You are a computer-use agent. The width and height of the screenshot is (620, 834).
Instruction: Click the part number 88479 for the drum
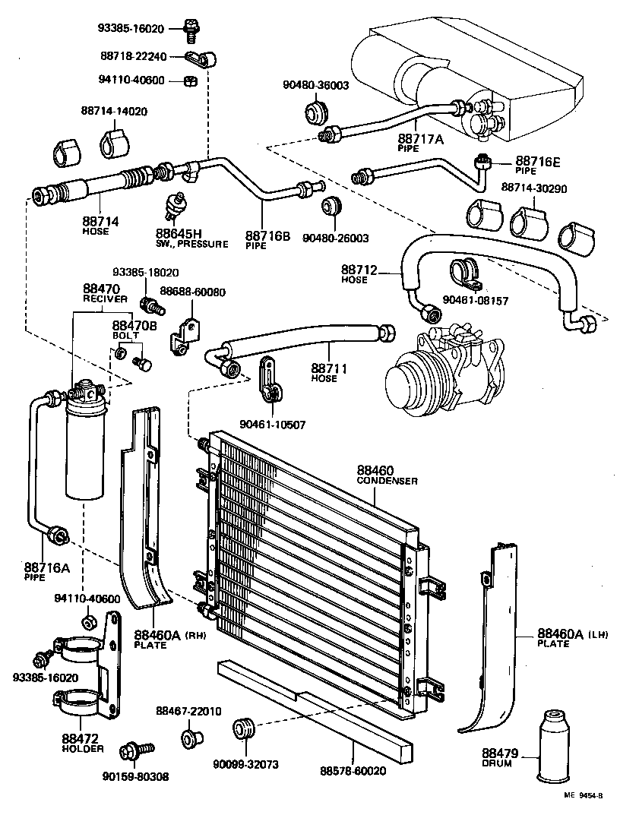point(500,753)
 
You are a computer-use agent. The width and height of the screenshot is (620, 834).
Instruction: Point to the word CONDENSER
point(387,481)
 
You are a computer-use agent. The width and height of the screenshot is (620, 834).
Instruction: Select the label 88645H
point(179,234)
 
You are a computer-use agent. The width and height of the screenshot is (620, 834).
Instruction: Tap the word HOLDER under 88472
point(82,748)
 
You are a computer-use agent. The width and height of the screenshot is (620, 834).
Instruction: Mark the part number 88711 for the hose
point(329,368)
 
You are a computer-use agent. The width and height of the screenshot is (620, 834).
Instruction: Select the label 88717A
point(419,139)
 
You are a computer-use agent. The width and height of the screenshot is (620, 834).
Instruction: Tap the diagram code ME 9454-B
point(583,795)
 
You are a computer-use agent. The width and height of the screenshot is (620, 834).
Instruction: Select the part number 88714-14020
point(114,111)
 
